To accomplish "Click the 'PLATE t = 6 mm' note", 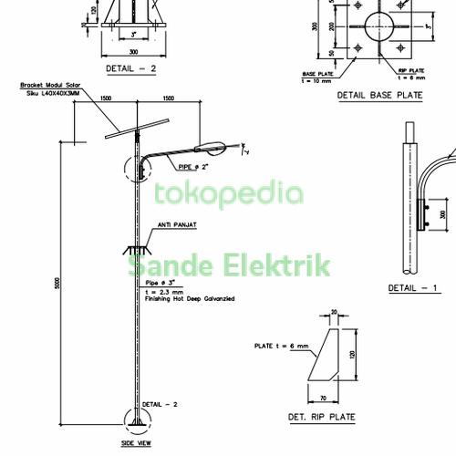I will (280, 347).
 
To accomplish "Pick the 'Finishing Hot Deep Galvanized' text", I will (188, 299).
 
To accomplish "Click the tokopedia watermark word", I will (228, 194).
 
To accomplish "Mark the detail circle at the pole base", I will (136, 419).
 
